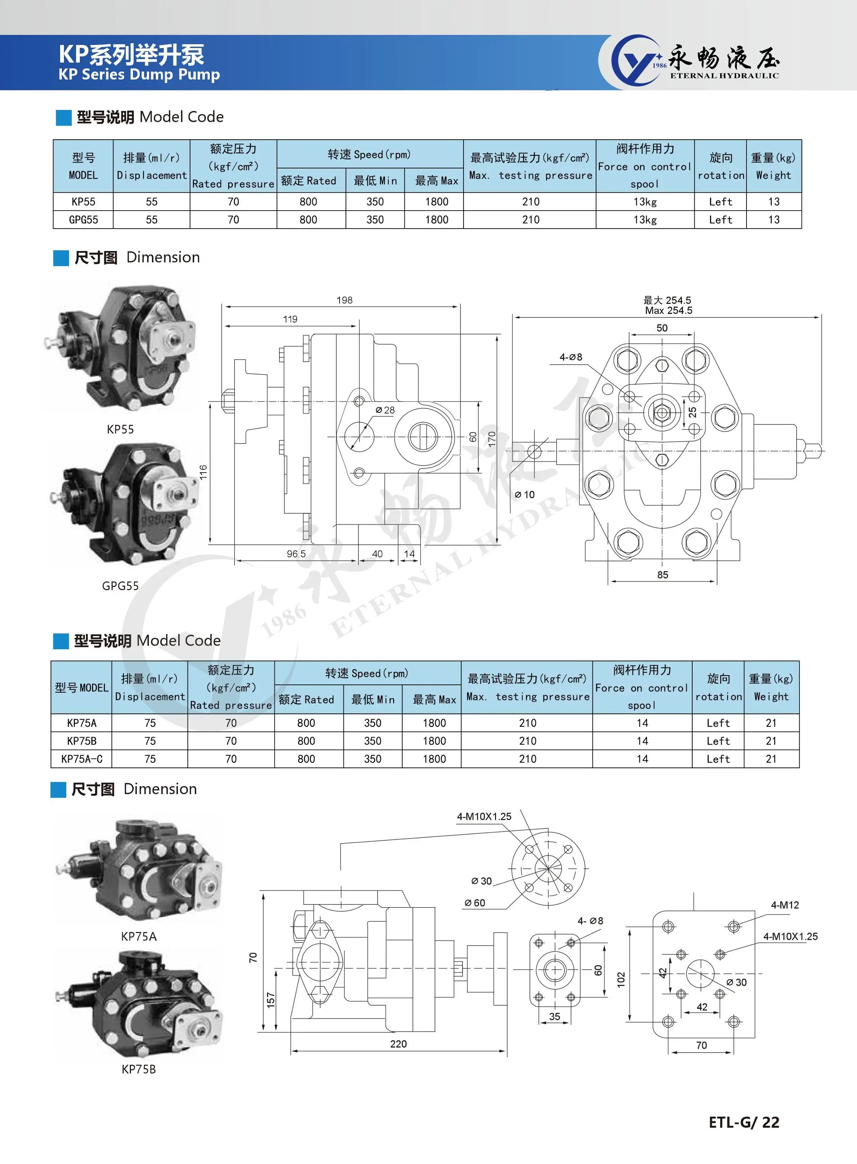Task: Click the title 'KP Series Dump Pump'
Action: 139,74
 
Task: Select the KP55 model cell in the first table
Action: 83,201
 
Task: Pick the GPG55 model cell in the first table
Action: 83,220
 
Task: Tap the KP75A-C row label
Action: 81,759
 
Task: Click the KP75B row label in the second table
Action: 81,741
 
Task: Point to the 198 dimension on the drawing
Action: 345,300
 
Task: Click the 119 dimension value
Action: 290,319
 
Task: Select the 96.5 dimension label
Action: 296,554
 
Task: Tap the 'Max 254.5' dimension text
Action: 668,310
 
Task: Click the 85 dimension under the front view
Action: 662,575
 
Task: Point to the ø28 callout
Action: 385,410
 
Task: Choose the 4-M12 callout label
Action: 785,905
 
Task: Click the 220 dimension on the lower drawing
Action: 398,1044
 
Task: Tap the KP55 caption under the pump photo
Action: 121,430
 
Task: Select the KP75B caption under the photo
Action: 138,1069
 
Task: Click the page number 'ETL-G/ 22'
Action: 743,1122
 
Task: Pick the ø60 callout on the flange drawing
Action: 475,903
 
